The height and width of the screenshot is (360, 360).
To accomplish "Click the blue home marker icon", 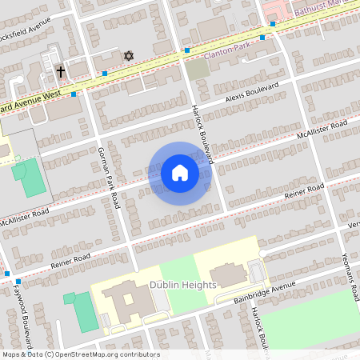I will tap(180, 173).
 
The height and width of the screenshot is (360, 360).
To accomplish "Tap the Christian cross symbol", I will tap(60, 72).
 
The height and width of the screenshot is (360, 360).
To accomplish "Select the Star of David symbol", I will tap(128, 56).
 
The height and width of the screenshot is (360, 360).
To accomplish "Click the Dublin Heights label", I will tap(182, 285).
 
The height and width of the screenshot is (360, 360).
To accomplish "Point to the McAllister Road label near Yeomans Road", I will tap(322, 128).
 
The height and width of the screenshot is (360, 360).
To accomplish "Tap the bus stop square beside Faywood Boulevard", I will tap(7, 274).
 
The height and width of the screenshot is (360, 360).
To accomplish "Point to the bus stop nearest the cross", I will tap(74, 94).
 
